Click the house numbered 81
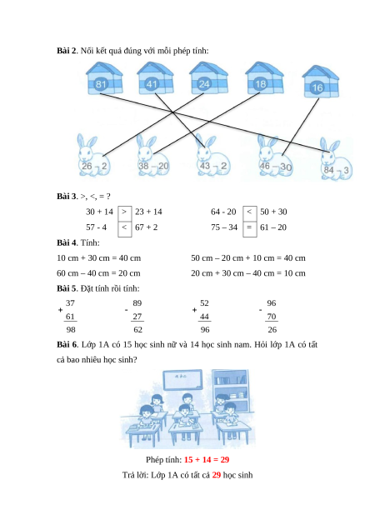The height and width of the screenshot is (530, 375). [x=104, y=78]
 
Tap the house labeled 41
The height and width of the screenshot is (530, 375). [x=155, y=78]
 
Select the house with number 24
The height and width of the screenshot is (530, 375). [x=208, y=78]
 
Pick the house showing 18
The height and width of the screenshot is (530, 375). [x=264, y=78]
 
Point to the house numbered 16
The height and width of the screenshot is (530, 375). [x=320, y=82]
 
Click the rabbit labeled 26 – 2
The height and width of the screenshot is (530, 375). [x=92, y=156]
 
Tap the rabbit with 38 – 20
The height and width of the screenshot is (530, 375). [x=152, y=156]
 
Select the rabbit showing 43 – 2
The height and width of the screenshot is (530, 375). [x=212, y=156]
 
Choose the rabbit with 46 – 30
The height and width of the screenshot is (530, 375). [x=274, y=156]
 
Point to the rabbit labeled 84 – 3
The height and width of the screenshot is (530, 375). [x=336, y=159]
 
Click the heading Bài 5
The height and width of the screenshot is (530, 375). [x=67, y=288]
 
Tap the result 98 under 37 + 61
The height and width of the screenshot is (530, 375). [x=71, y=329]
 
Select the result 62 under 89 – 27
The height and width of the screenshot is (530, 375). [x=137, y=329]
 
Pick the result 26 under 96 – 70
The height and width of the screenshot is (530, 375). [x=272, y=329]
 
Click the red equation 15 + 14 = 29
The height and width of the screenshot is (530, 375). [x=207, y=460]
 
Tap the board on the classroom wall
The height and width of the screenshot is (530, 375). [x=182, y=380]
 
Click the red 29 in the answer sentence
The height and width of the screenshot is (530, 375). [x=217, y=475]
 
